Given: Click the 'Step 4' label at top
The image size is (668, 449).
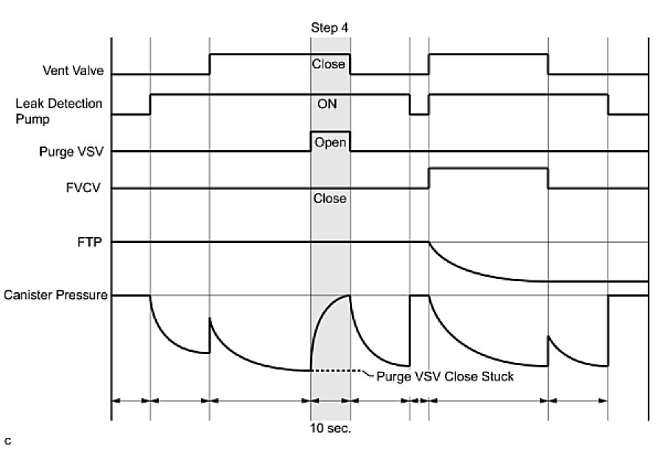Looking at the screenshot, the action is (x=329, y=28).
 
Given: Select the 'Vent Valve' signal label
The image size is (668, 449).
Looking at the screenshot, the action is (x=73, y=71).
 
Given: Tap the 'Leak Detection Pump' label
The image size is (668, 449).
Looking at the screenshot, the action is (x=59, y=110).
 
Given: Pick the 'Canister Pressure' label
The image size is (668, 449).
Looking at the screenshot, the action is (x=56, y=296).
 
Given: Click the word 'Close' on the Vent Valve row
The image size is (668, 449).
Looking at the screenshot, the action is (x=328, y=64).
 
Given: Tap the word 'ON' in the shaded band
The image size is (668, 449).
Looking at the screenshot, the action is (x=328, y=104).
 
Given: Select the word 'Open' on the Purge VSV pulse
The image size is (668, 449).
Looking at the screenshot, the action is (x=330, y=142).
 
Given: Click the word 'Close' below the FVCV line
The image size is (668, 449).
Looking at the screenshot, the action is (x=329, y=199).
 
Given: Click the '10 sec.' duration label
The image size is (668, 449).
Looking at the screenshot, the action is (x=331, y=427).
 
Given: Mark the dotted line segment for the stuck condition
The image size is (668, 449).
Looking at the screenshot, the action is (x=337, y=370).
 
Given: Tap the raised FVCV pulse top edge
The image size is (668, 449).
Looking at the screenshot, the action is (x=488, y=169).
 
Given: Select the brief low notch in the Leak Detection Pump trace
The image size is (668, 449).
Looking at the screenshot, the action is (x=419, y=114).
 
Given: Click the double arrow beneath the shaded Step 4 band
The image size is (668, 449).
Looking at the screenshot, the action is (x=331, y=401).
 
